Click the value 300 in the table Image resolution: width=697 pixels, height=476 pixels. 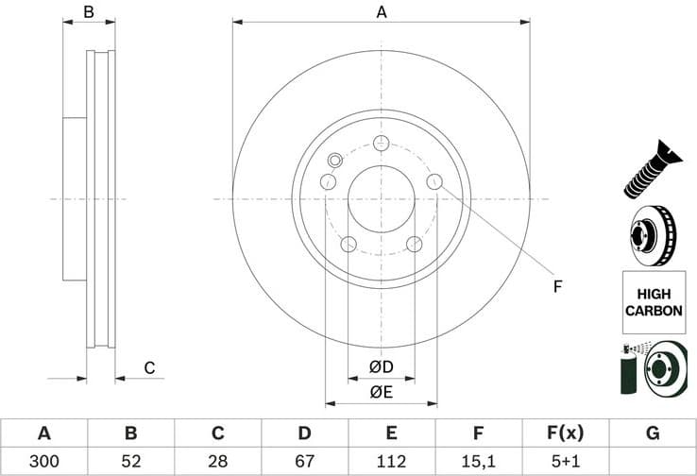pos(43,462)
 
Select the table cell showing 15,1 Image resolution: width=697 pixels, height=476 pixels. pos(478,462)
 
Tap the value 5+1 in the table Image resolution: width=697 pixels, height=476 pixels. pos(565,462)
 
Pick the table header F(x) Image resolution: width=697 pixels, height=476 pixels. pos(565,433)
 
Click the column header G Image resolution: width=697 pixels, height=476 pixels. pos(653,433)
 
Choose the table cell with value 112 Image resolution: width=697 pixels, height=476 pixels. pos(391,462)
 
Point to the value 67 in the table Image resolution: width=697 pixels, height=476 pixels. pos(304,462)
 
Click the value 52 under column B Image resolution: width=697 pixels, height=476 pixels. pos(130,462)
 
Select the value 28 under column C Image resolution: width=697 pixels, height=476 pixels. pos(217,462)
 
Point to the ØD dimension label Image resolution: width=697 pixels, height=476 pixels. pos(381,366)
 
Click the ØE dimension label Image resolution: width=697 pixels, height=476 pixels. pos(381,392)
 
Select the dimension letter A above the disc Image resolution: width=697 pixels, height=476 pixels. pos(382,12)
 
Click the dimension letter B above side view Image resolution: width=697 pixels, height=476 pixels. pos(89,12)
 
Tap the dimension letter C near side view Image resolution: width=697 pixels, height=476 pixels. pos(148,367)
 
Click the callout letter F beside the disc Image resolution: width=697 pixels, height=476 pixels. pos(557,285)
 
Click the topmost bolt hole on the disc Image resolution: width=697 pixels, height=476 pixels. pos(382,144)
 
